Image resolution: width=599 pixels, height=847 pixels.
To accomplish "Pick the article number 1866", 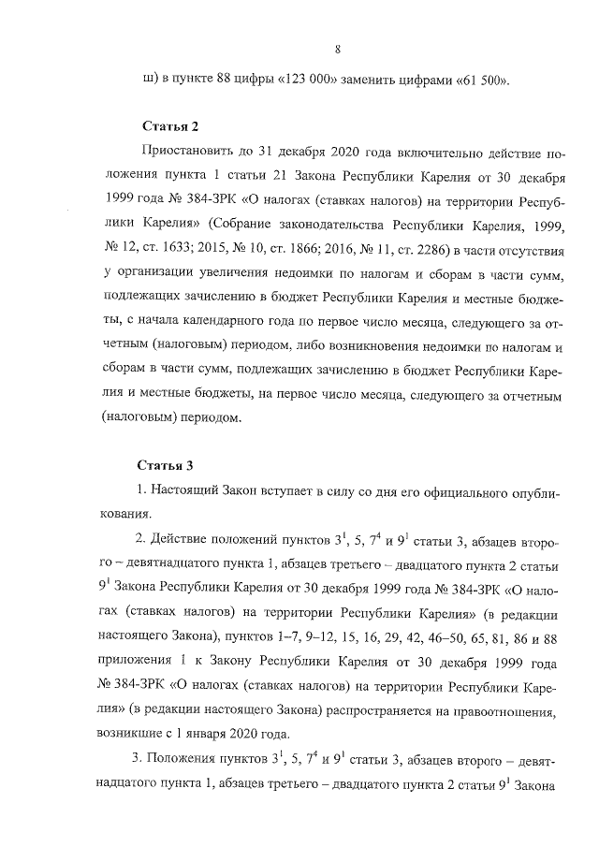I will [x=316, y=247].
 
